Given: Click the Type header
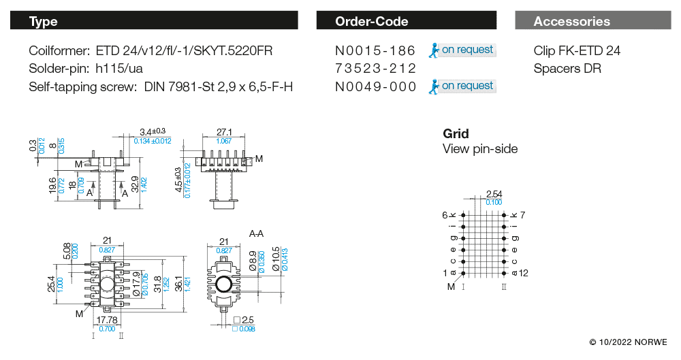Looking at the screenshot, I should coord(44,21).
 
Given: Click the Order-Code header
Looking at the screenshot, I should coord(372,21).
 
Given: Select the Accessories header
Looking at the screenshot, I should coord(572,21).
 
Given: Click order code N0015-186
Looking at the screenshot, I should coord(375,50).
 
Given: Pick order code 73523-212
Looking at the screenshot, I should coord(375,68).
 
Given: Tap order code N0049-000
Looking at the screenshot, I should coord(375,86).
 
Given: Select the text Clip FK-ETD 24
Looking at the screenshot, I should coord(577,50).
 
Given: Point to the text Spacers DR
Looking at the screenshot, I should coord(567,68).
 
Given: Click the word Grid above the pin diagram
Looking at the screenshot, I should coord(456,133).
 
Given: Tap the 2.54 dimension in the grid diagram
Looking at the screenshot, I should coord(494,195).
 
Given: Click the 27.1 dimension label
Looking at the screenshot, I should coord(224,132).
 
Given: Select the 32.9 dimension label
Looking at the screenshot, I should coord(134,183).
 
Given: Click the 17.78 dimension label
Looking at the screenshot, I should coord(107,320).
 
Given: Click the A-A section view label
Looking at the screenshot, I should coord(257,233).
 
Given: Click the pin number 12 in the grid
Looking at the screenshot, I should coord(524,273).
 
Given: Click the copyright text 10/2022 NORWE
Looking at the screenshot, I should coord(628,342).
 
